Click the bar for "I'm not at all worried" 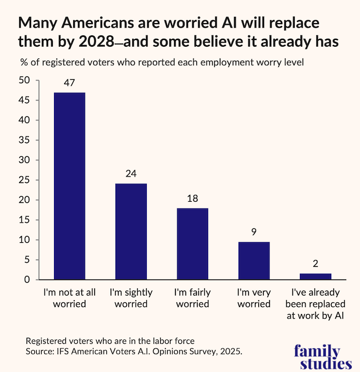[x=69, y=186]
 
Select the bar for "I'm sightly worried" [x=130, y=232]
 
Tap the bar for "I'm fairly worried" [x=192, y=244]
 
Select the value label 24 [x=130, y=174]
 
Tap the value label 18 [x=192, y=199]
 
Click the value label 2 [x=315, y=264]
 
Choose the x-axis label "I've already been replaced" [x=315, y=304]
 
